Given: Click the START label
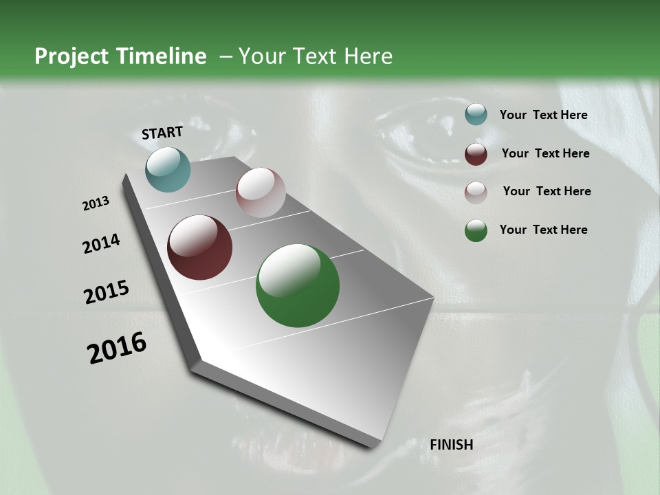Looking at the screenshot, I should click(162, 133).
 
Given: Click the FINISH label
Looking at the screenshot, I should click(452, 445).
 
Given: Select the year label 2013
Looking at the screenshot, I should click(96, 204).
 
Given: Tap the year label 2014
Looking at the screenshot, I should click(101, 244).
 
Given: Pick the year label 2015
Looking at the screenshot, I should click(106, 292).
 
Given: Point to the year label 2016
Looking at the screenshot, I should click(117, 348).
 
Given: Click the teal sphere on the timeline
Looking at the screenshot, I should click(168, 169).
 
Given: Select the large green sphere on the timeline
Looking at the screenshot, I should click(298, 285).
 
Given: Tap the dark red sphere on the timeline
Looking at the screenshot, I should click(199, 247).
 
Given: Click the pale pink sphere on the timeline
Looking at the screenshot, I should click(261, 192).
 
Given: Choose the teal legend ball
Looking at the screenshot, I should click(476, 114).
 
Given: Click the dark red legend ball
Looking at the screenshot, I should click(476, 154).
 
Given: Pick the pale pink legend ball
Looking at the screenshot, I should click(476, 192).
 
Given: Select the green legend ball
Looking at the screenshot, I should click(476, 231).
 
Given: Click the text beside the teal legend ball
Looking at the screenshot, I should click(543, 115).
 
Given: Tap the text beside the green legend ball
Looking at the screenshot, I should click(543, 230).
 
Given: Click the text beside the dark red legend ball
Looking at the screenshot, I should click(545, 153).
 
